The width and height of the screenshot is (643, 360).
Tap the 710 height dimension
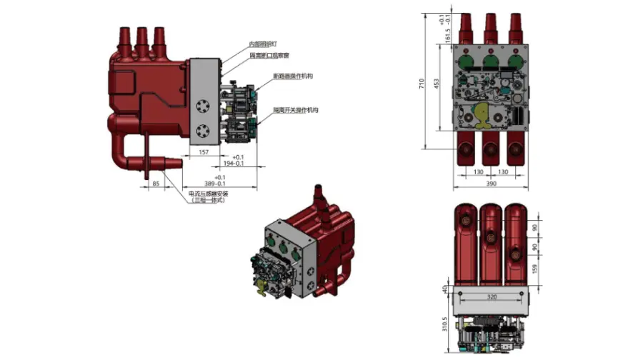pos(422,84)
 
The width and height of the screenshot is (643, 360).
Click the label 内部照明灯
pos(263,44)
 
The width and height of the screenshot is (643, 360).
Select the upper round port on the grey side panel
pos(203,106)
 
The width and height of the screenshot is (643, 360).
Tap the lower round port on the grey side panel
pos(203,131)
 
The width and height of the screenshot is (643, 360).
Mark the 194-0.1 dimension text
pos(234,164)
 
